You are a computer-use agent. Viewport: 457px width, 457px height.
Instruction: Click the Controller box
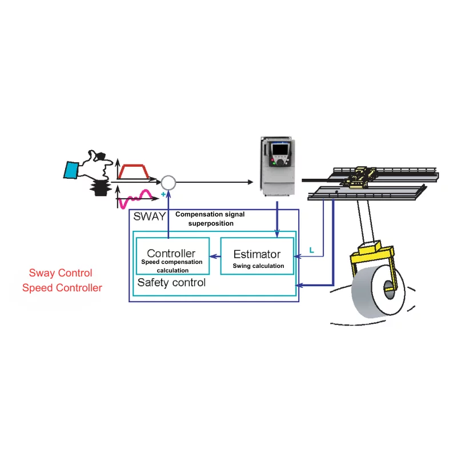click(x=171, y=255)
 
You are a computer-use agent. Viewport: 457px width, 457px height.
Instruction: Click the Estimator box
click(x=256, y=255)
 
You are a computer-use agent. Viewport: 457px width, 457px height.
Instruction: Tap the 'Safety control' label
click(x=171, y=282)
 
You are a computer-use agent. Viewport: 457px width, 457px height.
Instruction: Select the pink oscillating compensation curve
click(x=138, y=198)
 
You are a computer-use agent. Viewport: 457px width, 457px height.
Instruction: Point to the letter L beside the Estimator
click(x=311, y=250)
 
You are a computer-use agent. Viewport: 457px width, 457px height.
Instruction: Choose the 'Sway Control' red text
click(x=61, y=273)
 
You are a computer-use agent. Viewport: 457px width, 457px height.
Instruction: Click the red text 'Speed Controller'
click(x=62, y=288)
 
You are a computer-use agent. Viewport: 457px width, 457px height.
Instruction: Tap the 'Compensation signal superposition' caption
click(x=210, y=219)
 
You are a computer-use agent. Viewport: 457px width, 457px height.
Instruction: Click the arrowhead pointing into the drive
click(x=250, y=182)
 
